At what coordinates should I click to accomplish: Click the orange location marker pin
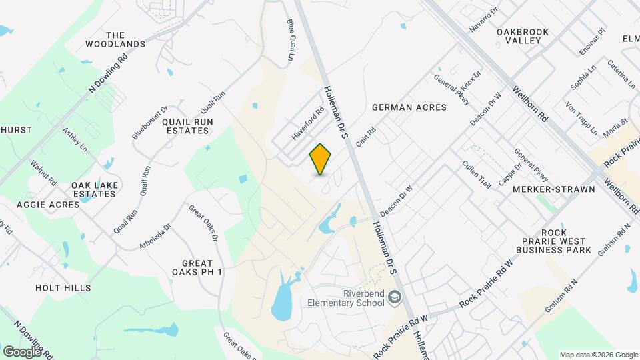pyautogui.click(x=321, y=159)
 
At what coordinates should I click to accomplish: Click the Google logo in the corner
pyautogui.click(x=22, y=351)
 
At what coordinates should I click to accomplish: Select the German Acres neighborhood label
pyautogui.click(x=409, y=107)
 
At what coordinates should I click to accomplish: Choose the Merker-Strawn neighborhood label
pyautogui.click(x=544, y=189)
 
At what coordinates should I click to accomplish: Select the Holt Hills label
pyautogui.click(x=63, y=288)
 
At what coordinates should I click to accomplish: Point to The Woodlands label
pyautogui.click(x=115, y=40)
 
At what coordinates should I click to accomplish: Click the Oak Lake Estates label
pyautogui.click(x=95, y=189)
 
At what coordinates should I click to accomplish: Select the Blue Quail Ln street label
pyautogui.click(x=291, y=40)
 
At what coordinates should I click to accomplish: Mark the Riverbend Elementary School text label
pyautogui.click(x=345, y=298)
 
